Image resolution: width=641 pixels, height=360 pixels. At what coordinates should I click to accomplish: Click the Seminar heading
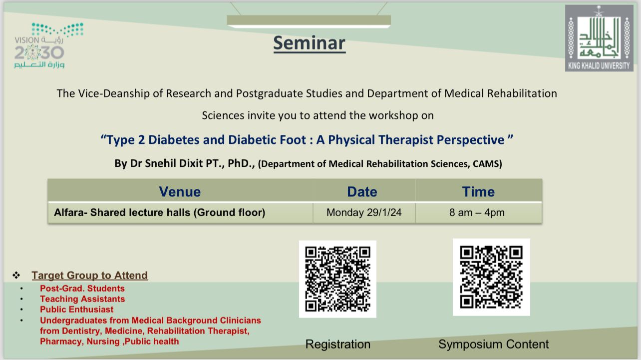tap(309, 43)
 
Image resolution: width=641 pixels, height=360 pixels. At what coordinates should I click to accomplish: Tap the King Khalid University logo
tap(599, 38)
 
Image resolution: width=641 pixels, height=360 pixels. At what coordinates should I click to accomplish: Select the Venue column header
tap(180, 192)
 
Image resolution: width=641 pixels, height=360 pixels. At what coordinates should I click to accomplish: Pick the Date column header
tap(362, 192)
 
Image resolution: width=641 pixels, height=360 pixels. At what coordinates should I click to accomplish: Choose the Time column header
tap(478, 192)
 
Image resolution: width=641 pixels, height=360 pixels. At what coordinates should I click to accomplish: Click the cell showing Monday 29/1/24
tap(363, 213)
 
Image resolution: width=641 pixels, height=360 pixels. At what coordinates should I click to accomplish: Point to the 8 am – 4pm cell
tap(477, 213)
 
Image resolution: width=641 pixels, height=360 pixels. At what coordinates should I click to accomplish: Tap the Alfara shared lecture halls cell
tap(159, 213)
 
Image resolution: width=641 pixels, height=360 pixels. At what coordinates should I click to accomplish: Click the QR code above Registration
tap(337, 279)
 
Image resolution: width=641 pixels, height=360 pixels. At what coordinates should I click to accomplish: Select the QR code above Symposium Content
tap(491, 277)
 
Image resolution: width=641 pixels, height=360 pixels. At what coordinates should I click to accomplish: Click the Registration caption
tap(337, 345)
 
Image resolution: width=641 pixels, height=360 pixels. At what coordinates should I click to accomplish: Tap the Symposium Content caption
tap(493, 344)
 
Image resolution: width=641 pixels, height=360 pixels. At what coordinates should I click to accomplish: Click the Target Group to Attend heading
tap(89, 275)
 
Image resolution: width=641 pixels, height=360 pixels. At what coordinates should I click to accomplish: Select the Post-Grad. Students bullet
tap(82, 289)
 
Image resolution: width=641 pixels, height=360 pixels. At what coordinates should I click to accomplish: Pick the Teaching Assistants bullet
tap(82, 299)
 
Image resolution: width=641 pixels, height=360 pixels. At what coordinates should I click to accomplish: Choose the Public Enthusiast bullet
tap(77, 310)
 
